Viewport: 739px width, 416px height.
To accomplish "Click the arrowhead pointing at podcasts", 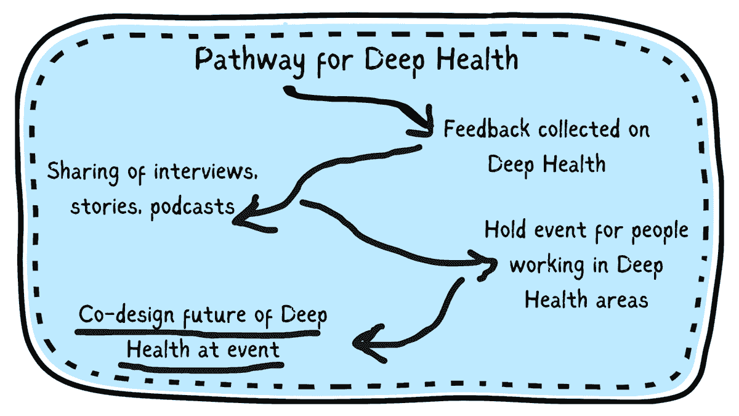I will pyautogui.click(x=245, y=213).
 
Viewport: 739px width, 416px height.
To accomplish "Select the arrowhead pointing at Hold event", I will pyautogui.click(x=487, y=263).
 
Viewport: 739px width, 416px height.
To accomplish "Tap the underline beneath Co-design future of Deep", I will pyautogui.click(x=197, y=333).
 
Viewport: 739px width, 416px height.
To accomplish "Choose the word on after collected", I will pyautogui.click(x=638, y=129).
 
